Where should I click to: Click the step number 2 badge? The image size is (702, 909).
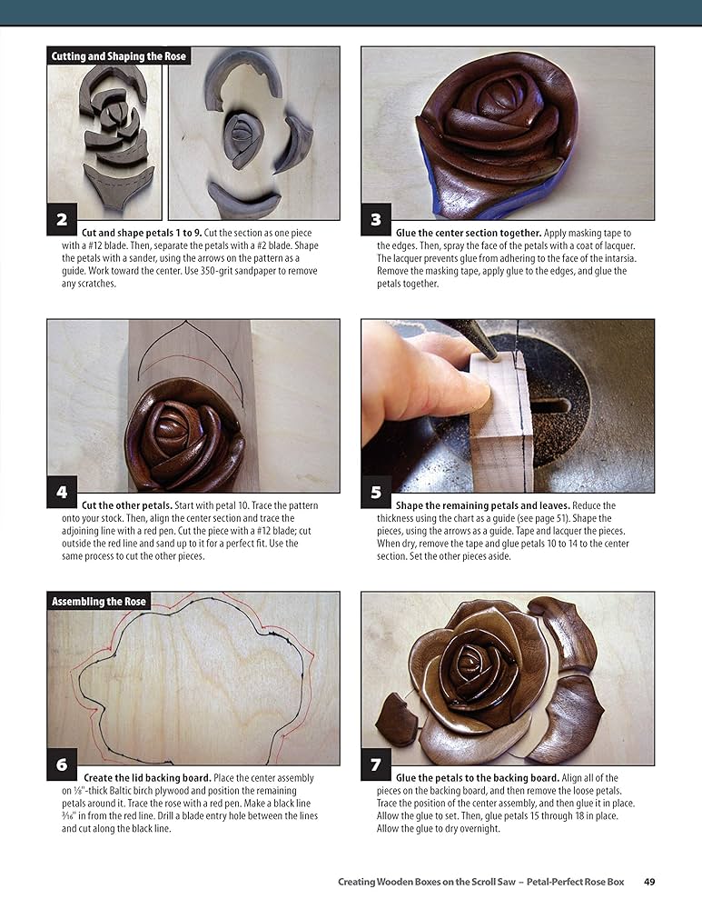(62, 219)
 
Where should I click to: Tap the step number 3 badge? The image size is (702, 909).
(376, 219)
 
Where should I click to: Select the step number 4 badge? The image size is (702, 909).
(62, 492)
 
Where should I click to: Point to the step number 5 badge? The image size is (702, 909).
(376, 492)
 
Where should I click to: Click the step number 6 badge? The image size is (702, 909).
(62, 764)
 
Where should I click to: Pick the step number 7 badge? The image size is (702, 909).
(376, 764)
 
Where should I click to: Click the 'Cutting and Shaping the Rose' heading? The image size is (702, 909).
(118, 56)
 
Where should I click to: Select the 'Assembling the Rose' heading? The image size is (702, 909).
(97, 602)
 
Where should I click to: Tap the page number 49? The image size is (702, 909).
(650, 881)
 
